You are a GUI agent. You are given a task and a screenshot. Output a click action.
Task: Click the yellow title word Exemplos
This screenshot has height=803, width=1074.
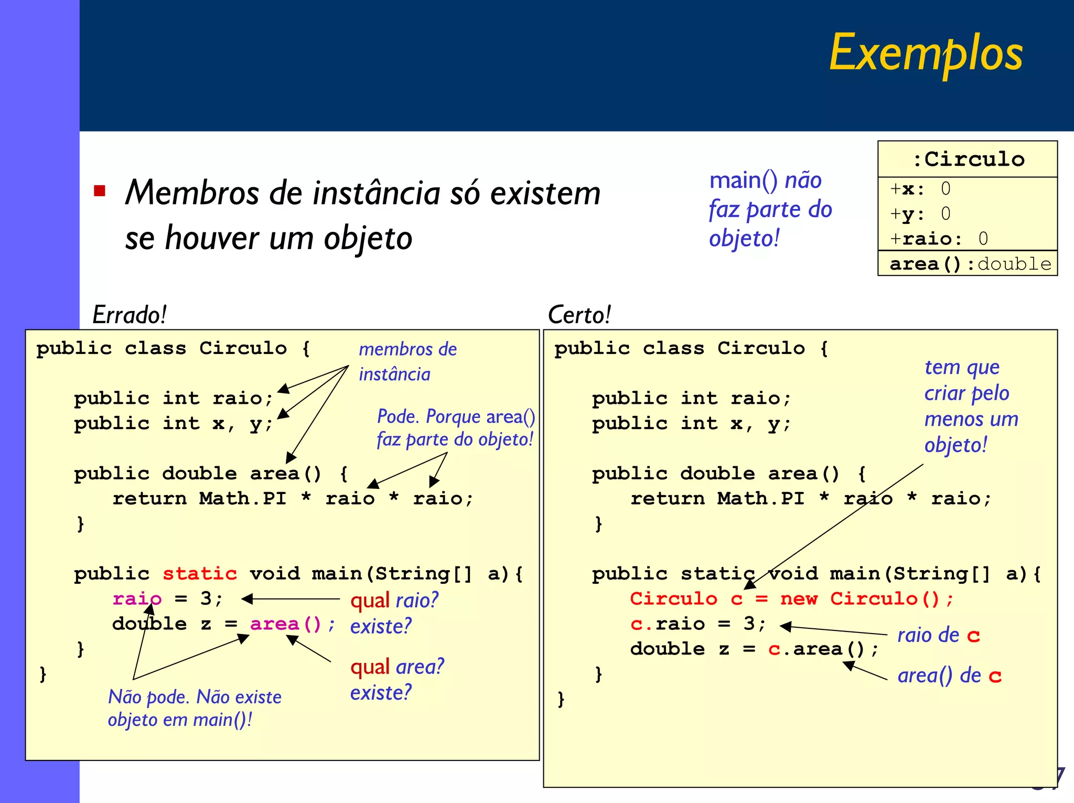pos(926,53)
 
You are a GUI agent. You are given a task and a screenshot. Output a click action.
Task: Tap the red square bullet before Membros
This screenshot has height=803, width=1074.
pos(100,190)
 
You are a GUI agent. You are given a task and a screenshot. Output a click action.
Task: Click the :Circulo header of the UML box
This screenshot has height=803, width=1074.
pos(968,159)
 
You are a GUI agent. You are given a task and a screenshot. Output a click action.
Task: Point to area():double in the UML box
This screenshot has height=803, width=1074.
pos(970,264)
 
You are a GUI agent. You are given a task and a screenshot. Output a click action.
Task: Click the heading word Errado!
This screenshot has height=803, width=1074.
pos(129,315)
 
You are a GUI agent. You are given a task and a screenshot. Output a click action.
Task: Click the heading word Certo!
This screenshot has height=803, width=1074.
pos(579,315)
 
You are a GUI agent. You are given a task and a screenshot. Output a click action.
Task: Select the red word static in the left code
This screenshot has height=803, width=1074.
pos(199,573)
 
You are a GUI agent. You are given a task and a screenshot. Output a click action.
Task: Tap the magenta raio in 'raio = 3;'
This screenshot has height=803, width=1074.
pos(137,598)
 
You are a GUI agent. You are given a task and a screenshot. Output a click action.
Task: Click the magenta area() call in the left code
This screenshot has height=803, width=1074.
pos(285,624)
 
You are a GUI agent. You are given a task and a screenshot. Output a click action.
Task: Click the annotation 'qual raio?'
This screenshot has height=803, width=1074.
pos(394,600)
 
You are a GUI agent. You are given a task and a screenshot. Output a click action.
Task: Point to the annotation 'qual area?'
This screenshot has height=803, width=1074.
pos(397,667)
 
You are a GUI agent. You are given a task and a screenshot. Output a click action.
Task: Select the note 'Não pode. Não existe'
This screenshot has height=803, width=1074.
pos(195,697)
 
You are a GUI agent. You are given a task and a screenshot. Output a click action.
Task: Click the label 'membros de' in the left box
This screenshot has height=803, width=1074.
pos(407,349)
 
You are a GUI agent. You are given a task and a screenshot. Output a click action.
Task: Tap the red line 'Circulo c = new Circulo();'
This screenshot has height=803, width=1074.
pos(791,598)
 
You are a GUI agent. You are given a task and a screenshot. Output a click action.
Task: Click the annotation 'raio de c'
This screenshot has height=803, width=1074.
pos(938,635)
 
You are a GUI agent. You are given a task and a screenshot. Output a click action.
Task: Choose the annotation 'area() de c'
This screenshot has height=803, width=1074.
pos(949,675)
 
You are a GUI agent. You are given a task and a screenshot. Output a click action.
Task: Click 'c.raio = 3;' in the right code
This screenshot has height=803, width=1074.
pos(697,624)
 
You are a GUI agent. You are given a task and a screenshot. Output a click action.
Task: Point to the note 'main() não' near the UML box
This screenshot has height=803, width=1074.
pos(765,180)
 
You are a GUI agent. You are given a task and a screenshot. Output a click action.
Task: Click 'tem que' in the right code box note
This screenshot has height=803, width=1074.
pos(962,367)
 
